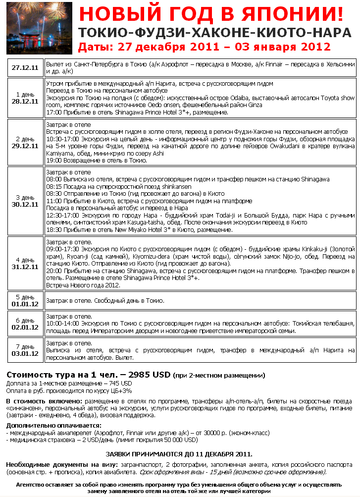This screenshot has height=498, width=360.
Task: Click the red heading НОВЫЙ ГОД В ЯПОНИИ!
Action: [x=211, y=14]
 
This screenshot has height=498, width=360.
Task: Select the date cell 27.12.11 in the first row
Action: [x=25, y=68]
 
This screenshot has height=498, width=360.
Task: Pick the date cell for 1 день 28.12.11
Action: [x=25, y=98]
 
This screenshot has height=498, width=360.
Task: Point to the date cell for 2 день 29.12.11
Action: [x=25, y=142]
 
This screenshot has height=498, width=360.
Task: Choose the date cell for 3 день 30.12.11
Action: [x=25, y=201]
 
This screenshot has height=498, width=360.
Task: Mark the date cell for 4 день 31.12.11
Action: [x=25, y=263]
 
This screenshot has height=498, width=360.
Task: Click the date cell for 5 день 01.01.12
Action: [x=25, y=300]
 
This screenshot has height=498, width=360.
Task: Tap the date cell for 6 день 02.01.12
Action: [x=25, y=324]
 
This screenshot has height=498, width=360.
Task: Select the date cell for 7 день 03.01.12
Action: [x=25, y=350]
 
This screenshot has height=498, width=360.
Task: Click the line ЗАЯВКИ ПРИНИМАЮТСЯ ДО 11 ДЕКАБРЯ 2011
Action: [x=179, y=453]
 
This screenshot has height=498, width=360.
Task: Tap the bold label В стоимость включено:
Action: [x=41, y=400]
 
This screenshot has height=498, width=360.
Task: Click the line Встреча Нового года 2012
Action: [x=83, y=285]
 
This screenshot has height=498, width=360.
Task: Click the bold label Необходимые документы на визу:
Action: [x=61, y=464]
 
